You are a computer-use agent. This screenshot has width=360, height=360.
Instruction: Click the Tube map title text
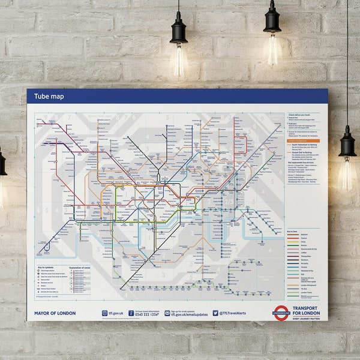click(x=49, y=97)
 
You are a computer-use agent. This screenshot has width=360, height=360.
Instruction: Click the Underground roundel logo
click(x=281, y=313)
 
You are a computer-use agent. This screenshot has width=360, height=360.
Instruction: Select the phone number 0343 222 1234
click(x=146, y=314)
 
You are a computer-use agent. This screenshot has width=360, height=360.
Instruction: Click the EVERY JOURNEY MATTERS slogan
click(x=308, y=318)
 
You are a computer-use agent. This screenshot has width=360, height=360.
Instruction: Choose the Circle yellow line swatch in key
click(x=293, y=244)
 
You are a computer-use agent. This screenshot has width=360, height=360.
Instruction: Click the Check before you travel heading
click(x=301, y=114)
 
